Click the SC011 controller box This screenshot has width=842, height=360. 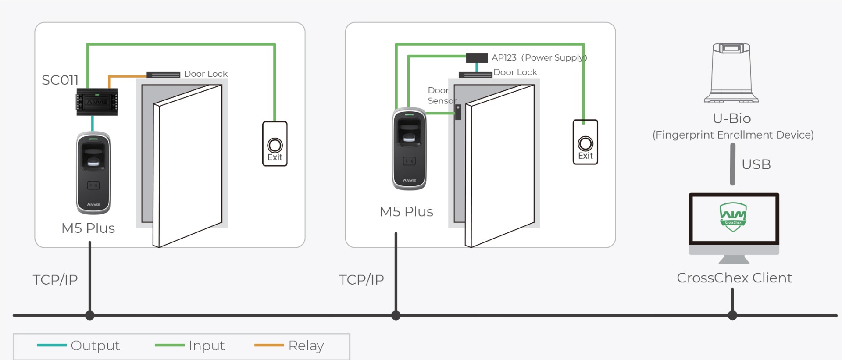click(x=97, y=102)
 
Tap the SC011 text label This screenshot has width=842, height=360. click(x=60, y=80)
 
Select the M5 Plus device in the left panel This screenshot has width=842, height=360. click(x=93, y=173)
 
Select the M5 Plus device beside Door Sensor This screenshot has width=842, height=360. click(x=409, y=149)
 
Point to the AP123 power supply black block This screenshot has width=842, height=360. click(x=476, y=58)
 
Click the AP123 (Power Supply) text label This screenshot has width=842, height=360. click(x=539, y=58)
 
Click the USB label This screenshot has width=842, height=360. click(x=756, y=164)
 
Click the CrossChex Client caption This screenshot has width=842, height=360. click(x=734, y=278)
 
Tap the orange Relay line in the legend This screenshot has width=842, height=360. click(x=269, y=345)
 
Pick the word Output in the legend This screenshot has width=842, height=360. click(x=95, y=346)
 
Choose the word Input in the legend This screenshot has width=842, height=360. click(x=207, y=346)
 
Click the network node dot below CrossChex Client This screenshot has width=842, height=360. click(x=732, y=315)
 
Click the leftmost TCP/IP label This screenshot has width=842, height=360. click(x=55, y=280)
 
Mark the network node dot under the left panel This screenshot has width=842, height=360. click(x=90, y=315)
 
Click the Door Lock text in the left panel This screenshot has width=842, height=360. click(x=206, y=74)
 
